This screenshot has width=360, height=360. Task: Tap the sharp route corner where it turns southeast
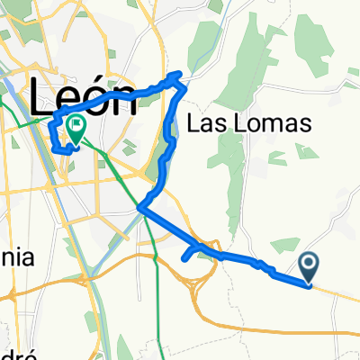pyautogui.click(x=139, y=208)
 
